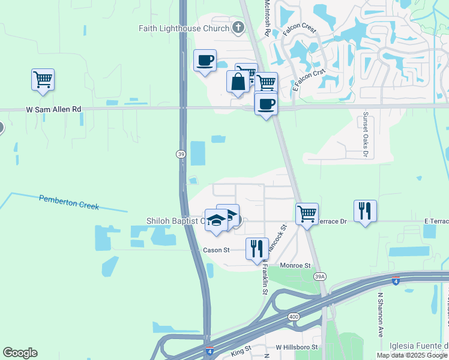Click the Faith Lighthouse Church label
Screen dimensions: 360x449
[x=184, y=28]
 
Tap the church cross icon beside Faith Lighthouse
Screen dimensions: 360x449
[x=238, y=27]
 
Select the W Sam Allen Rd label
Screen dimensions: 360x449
[x=53, y=109]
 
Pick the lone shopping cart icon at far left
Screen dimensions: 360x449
[x=43, y=79]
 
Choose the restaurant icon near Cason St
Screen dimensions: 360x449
[x=257, y=248]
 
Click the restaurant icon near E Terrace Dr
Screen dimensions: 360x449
[x=365, y=211]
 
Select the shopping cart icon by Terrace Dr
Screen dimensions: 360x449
[x=307, y=213]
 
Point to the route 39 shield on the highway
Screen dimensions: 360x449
[x=181, y=154]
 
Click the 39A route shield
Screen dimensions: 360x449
[x=320, y=275]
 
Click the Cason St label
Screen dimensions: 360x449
[x=217, y=250]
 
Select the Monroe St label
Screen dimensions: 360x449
[x=295, y=265]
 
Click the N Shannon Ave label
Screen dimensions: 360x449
[x=381, y=314]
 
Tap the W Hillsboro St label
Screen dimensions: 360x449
[x=295, y=347]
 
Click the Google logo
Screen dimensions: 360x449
[x=20, y=353]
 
